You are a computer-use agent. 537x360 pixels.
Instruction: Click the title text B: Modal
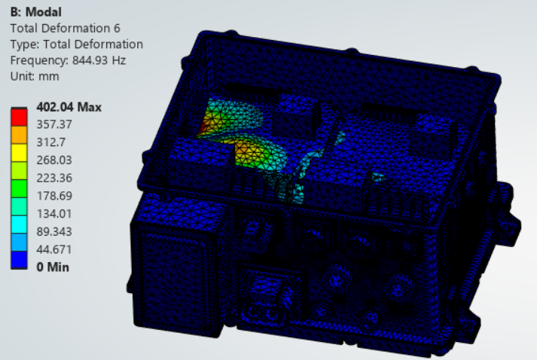pos(36,12)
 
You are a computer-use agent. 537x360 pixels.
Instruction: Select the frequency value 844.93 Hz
pos(99,60)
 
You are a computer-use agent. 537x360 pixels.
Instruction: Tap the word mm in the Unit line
pos(49,76)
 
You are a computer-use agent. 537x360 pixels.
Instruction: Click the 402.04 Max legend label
pos(69,107)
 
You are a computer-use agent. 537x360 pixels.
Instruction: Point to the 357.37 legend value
pos(54,124)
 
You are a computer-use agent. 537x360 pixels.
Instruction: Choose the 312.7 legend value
pos(51,142)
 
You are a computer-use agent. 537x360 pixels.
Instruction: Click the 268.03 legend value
pos(54,160)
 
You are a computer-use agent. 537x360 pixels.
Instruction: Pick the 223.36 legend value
pos(54,178)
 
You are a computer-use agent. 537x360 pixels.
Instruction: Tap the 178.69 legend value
pos(54,196)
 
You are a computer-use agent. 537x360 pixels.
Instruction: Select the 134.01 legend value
pos(54,214)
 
